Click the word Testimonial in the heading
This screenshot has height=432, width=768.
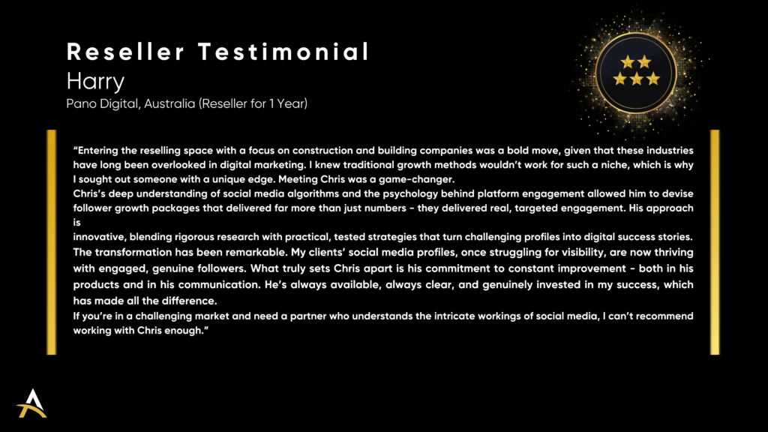point(283,52)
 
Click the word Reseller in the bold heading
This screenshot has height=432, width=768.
point(126,52)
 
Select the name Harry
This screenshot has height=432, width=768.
point(95,81)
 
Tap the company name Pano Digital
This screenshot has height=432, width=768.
point(102,103)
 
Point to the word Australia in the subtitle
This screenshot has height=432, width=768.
point(169,103)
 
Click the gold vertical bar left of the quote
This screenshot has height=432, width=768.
point(52,242)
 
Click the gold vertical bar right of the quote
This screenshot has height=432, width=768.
point(715,242)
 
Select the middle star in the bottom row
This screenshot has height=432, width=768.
point(636,79)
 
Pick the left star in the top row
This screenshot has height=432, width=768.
point(628,61)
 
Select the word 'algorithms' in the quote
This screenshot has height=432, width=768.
point(313,193)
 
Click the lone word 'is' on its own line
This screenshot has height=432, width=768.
point(77,222)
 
